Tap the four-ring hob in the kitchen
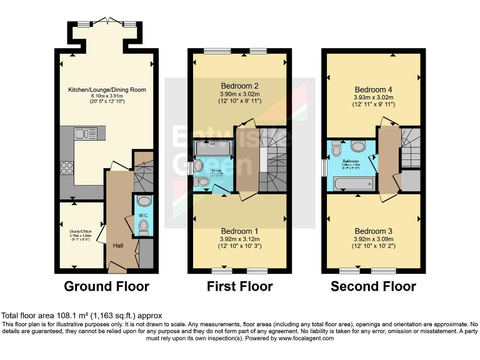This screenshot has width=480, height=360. pyautogui.click(x=67, y=167)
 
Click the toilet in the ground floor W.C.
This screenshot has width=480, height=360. pyautogui.click(x=143, y=201)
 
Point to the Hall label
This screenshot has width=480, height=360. pyautogui.click(x=118, y=246)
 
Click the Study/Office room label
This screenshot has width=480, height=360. pyautogui.click(x=81, y=231)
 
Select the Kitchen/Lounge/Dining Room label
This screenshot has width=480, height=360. pyautogui.click(x=107, y=90)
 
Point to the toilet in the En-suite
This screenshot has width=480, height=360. pyautogui.click(x=202, y=181)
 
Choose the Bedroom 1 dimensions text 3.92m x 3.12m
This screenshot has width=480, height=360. pyautogui.click(x=240, y=239)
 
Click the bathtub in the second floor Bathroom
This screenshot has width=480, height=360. pyautogui.click(x=354, y=183)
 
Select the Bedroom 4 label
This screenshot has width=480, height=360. pyautogui.click(x=372, y=89)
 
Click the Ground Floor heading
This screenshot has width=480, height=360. pyautogui.click(x=107, y=287)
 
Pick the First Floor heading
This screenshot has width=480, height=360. pyautogui.click(x=240, y=287)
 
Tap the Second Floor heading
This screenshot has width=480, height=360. pyautogui.click(x=373, y=287)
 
